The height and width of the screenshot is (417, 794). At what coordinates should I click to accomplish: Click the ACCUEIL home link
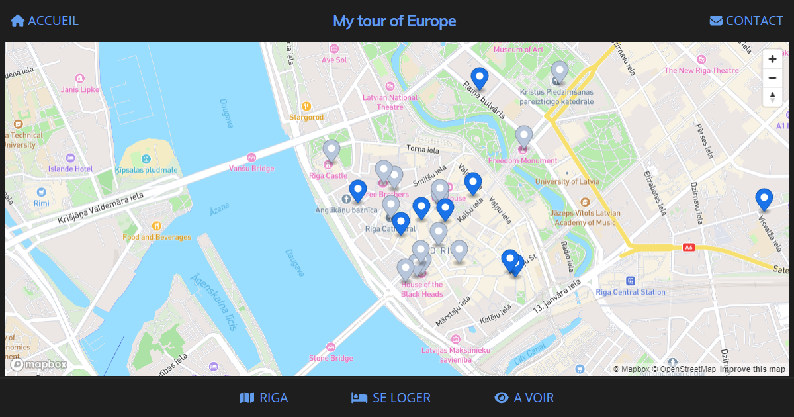point(44,21)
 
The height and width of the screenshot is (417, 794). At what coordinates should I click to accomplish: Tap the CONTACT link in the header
point(746,21)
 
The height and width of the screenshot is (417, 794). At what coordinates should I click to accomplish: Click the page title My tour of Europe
point(394,21)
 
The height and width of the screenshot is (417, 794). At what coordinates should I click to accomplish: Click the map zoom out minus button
point(772,78)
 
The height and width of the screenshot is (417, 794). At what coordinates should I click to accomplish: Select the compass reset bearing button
point(772,97)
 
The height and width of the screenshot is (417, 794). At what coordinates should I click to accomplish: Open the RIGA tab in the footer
point(264,398)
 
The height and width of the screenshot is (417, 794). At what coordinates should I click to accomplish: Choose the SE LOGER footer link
point(391,398)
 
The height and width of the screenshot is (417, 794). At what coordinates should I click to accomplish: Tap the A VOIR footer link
point(524,398)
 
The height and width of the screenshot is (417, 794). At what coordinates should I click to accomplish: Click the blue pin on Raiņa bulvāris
point(479,78)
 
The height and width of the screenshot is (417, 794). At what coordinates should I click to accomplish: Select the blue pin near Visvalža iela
point(764,199)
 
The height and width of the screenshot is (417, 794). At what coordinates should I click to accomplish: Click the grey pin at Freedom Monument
point(524,136)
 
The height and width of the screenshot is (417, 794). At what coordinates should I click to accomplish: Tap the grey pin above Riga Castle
point(331,150)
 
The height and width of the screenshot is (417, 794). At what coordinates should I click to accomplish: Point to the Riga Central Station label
point(631,292)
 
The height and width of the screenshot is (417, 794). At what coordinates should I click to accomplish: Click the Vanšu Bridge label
point(251,168)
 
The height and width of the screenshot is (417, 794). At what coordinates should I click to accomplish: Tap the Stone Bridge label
point(331,358)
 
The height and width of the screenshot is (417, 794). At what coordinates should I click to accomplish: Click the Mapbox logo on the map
point(40,365)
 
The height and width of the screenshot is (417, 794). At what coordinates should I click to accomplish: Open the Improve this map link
point(752,369)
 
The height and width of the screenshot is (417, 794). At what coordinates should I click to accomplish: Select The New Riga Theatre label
point(701,71)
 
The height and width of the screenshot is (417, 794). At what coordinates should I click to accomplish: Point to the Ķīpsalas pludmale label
point(146,170)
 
